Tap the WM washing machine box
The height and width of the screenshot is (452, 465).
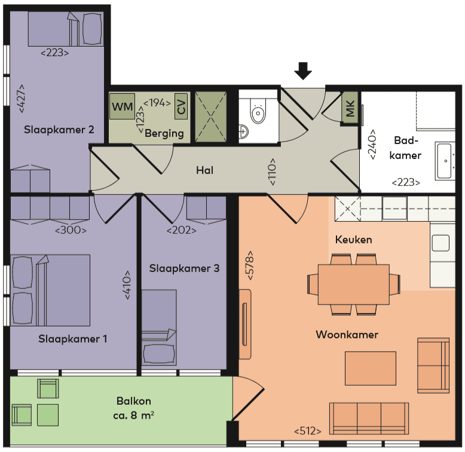pos(123,107)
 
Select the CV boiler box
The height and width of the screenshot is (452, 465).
pos(181,107)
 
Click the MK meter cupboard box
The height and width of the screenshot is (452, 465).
pos(350,109)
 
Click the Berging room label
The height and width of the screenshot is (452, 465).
pos(164,133)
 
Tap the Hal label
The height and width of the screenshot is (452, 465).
pos(205,170)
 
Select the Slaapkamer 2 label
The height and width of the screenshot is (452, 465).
pos(59,129)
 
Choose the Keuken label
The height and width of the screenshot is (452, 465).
pos(353,240)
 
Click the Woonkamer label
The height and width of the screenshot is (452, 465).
pos(347,334)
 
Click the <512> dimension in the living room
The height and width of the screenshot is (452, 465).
pos(308,430)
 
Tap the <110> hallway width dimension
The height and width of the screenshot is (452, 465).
pos(272,172)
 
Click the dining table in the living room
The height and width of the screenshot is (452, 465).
pos(353,284)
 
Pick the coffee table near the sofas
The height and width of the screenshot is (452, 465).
pos(370,368)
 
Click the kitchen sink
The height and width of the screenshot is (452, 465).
pos(440,243)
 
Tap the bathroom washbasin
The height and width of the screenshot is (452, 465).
pos(445,160)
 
